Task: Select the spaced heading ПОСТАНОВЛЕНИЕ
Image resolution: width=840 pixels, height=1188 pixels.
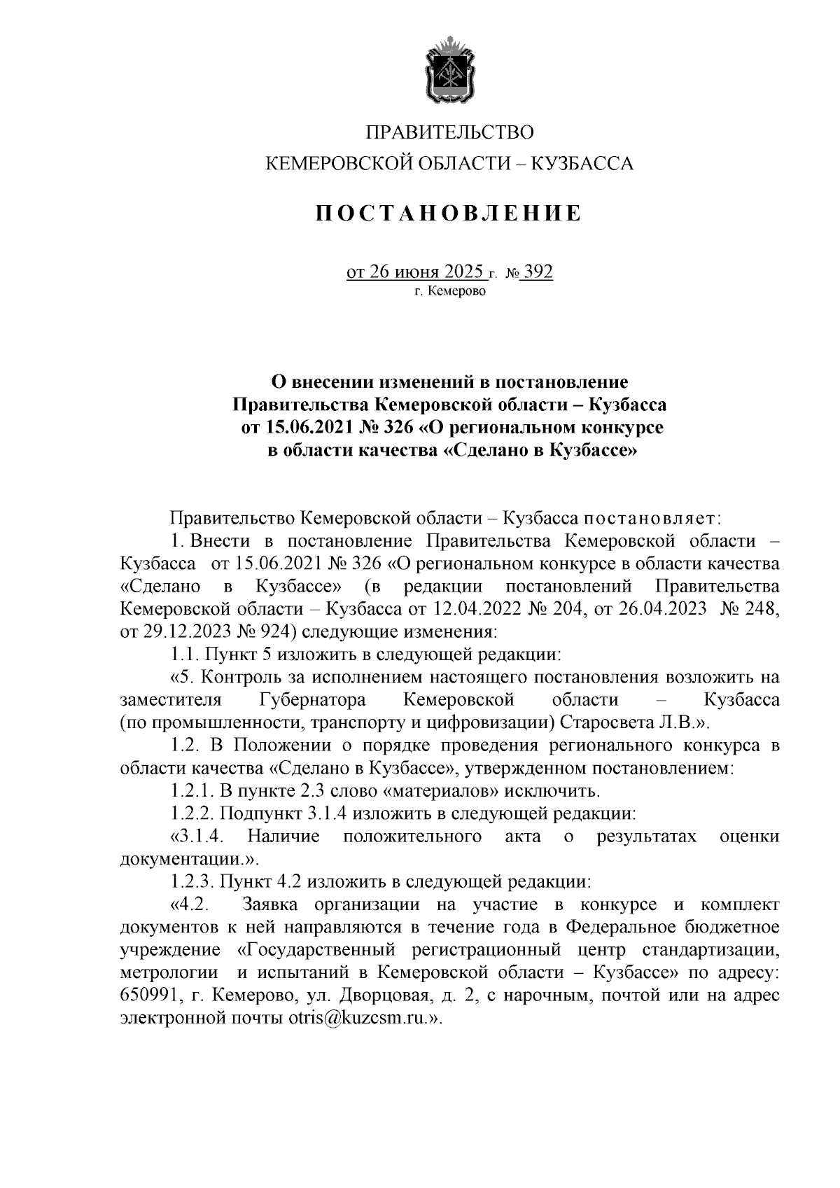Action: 449,212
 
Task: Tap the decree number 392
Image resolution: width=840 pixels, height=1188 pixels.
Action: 538,271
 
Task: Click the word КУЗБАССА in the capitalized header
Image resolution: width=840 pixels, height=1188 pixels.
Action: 583,164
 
